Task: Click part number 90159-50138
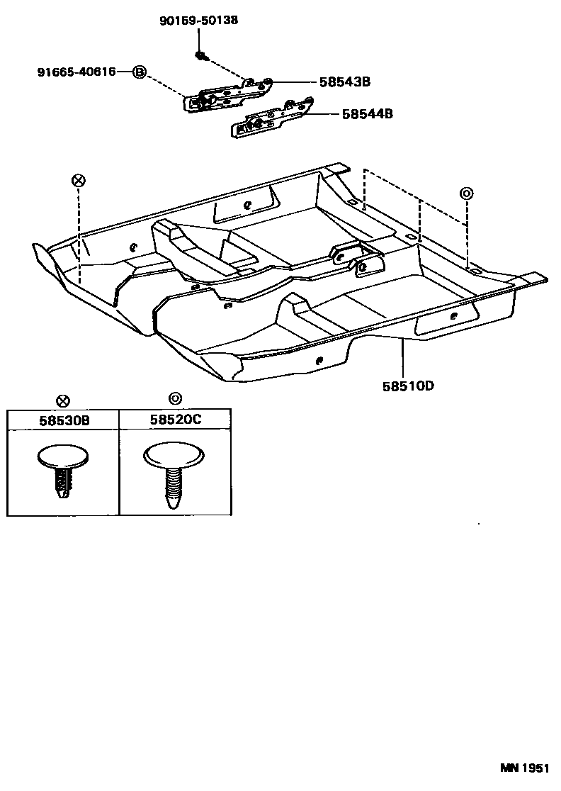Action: tap(198, 21)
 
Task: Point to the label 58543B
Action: tap(345, 82)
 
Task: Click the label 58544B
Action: tap(367, 113)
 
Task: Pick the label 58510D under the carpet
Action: tap(408, 386)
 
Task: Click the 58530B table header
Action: tap(64, 420)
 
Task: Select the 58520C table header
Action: tap(175, 420)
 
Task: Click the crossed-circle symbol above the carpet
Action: tap(78, 180)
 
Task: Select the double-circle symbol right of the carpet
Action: tap(466, 193)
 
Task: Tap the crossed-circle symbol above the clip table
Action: tap(64, 401)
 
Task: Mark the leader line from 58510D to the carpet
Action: tap(404, 359)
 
